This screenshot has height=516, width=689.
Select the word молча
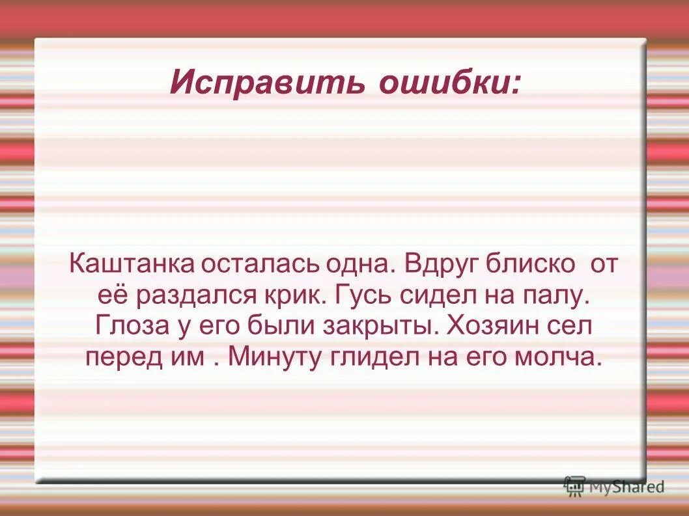coord(559,357)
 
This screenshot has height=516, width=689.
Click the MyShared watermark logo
coord(615,485)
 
